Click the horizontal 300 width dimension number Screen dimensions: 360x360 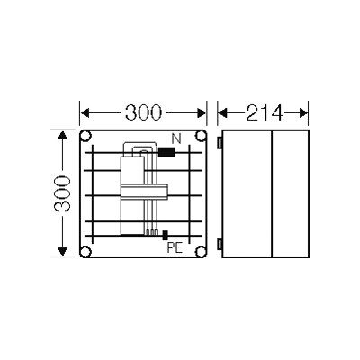point(143,112)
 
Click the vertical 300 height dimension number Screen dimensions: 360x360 point(62,193)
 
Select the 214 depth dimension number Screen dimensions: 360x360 point(265,112)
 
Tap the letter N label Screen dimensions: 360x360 point(176,139)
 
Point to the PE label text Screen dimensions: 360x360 point(175,248)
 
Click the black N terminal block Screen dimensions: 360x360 point(166,152)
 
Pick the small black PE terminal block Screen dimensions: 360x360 point(165,236)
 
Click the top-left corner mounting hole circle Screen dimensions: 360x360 point(86,137)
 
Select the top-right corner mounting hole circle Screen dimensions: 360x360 point(201,137)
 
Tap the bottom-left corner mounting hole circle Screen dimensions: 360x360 point(86,251)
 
